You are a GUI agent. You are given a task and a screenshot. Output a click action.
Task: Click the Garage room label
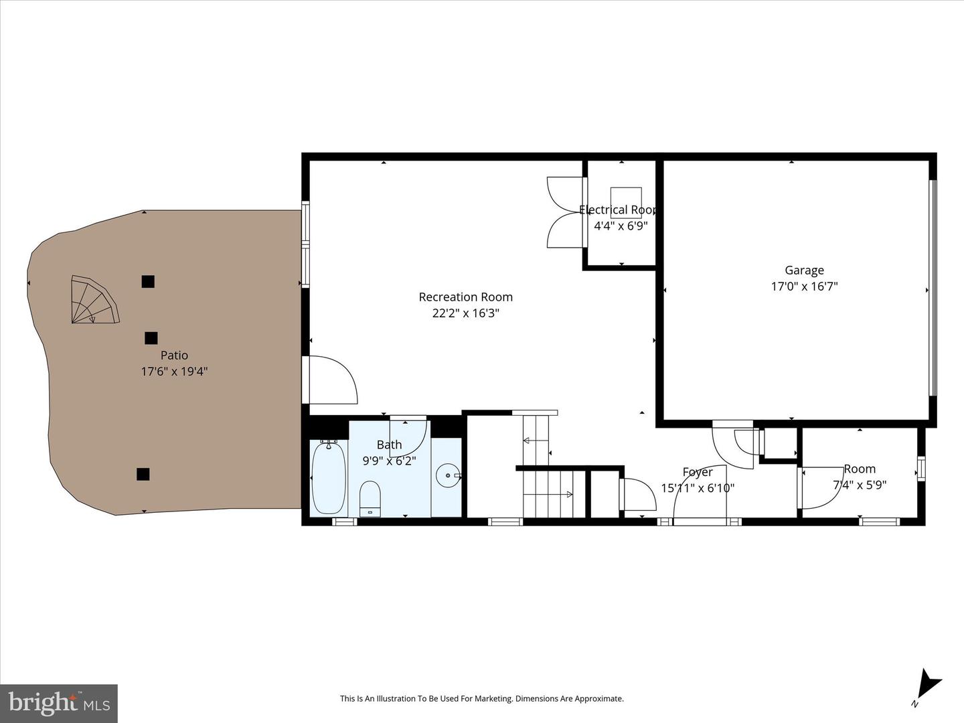pos(804,270)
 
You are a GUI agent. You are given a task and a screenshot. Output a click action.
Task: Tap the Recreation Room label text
pos(465,297)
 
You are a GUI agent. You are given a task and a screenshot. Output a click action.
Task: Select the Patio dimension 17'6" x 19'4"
pos(174,372)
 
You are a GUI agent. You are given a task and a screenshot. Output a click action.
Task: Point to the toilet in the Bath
pos(370,499)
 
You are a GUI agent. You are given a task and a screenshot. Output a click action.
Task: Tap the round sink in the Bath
pos(447,476)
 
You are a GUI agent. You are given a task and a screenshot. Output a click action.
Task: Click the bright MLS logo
pos(59,703)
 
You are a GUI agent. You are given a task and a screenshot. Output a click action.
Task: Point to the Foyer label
pos(697,473)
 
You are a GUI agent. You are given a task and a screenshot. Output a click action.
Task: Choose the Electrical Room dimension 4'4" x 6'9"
pos(621,226)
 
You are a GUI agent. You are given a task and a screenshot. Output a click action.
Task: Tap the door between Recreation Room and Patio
pos(329,380)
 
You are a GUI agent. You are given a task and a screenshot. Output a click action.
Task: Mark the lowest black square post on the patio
pos(143,474)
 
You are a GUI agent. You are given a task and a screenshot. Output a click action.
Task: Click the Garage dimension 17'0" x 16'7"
pos(804,287)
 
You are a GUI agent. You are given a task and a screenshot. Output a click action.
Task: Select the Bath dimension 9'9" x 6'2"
pos(389,461)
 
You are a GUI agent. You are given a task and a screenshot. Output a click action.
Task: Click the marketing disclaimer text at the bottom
pos(481,699)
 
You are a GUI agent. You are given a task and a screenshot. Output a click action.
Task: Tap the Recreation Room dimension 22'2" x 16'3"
pos(465,313)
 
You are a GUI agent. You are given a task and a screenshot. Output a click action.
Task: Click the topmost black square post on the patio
pos(148,282)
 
